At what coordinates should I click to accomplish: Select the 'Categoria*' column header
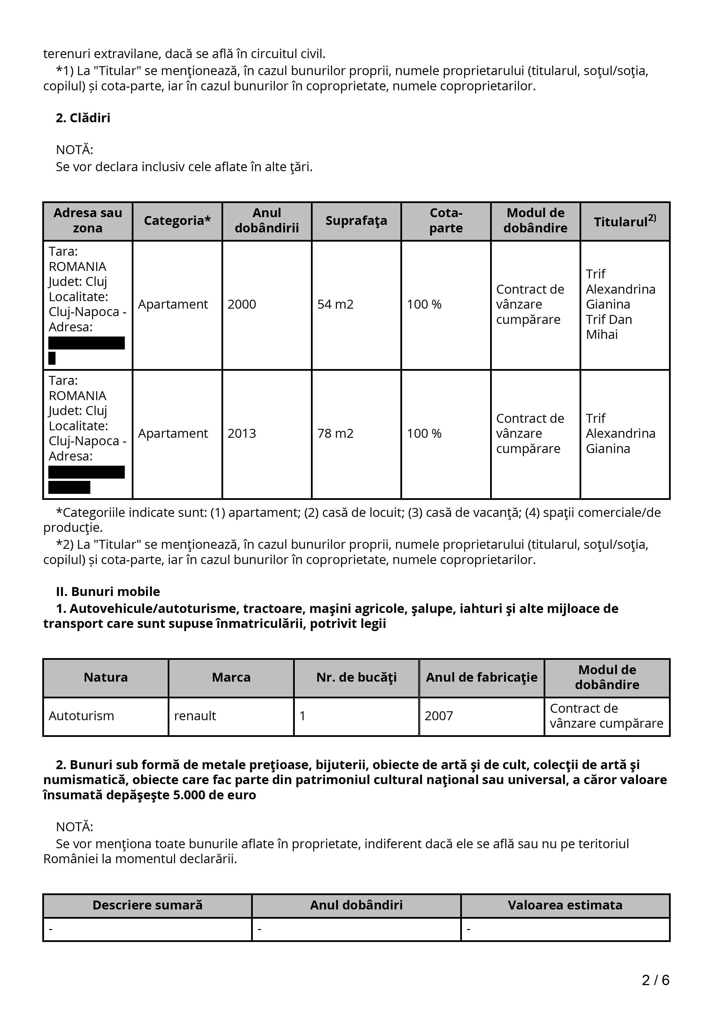[177, 221]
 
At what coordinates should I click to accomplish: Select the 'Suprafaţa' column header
[356, 221]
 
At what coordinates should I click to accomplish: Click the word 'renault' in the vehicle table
[195, 716]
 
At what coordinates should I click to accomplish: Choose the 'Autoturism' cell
[81, 716]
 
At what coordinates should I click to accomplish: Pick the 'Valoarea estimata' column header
[565, 905]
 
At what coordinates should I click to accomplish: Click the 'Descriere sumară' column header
[148, 905]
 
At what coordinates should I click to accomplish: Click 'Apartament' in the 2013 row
[173, 434]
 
